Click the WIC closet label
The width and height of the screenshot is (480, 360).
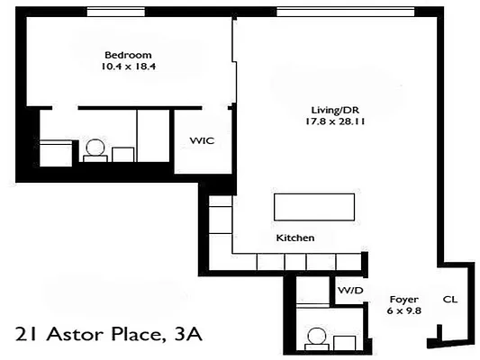[x=200, y=141]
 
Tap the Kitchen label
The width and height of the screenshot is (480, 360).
[x=295, y=238]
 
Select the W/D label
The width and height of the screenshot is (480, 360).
[x=349, y=291]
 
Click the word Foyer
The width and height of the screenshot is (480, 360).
[x=403, y=299]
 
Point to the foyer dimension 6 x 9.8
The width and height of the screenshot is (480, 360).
[x=403, y=310]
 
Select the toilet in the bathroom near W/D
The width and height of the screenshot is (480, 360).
[x=317, y=339]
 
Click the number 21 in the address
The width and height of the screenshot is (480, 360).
[x=28, y=336]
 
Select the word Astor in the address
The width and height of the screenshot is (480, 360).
[x=70, y=336]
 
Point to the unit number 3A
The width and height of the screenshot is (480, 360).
[x=185, y=336]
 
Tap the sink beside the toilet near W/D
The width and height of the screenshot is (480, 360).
[x=344, y=343]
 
